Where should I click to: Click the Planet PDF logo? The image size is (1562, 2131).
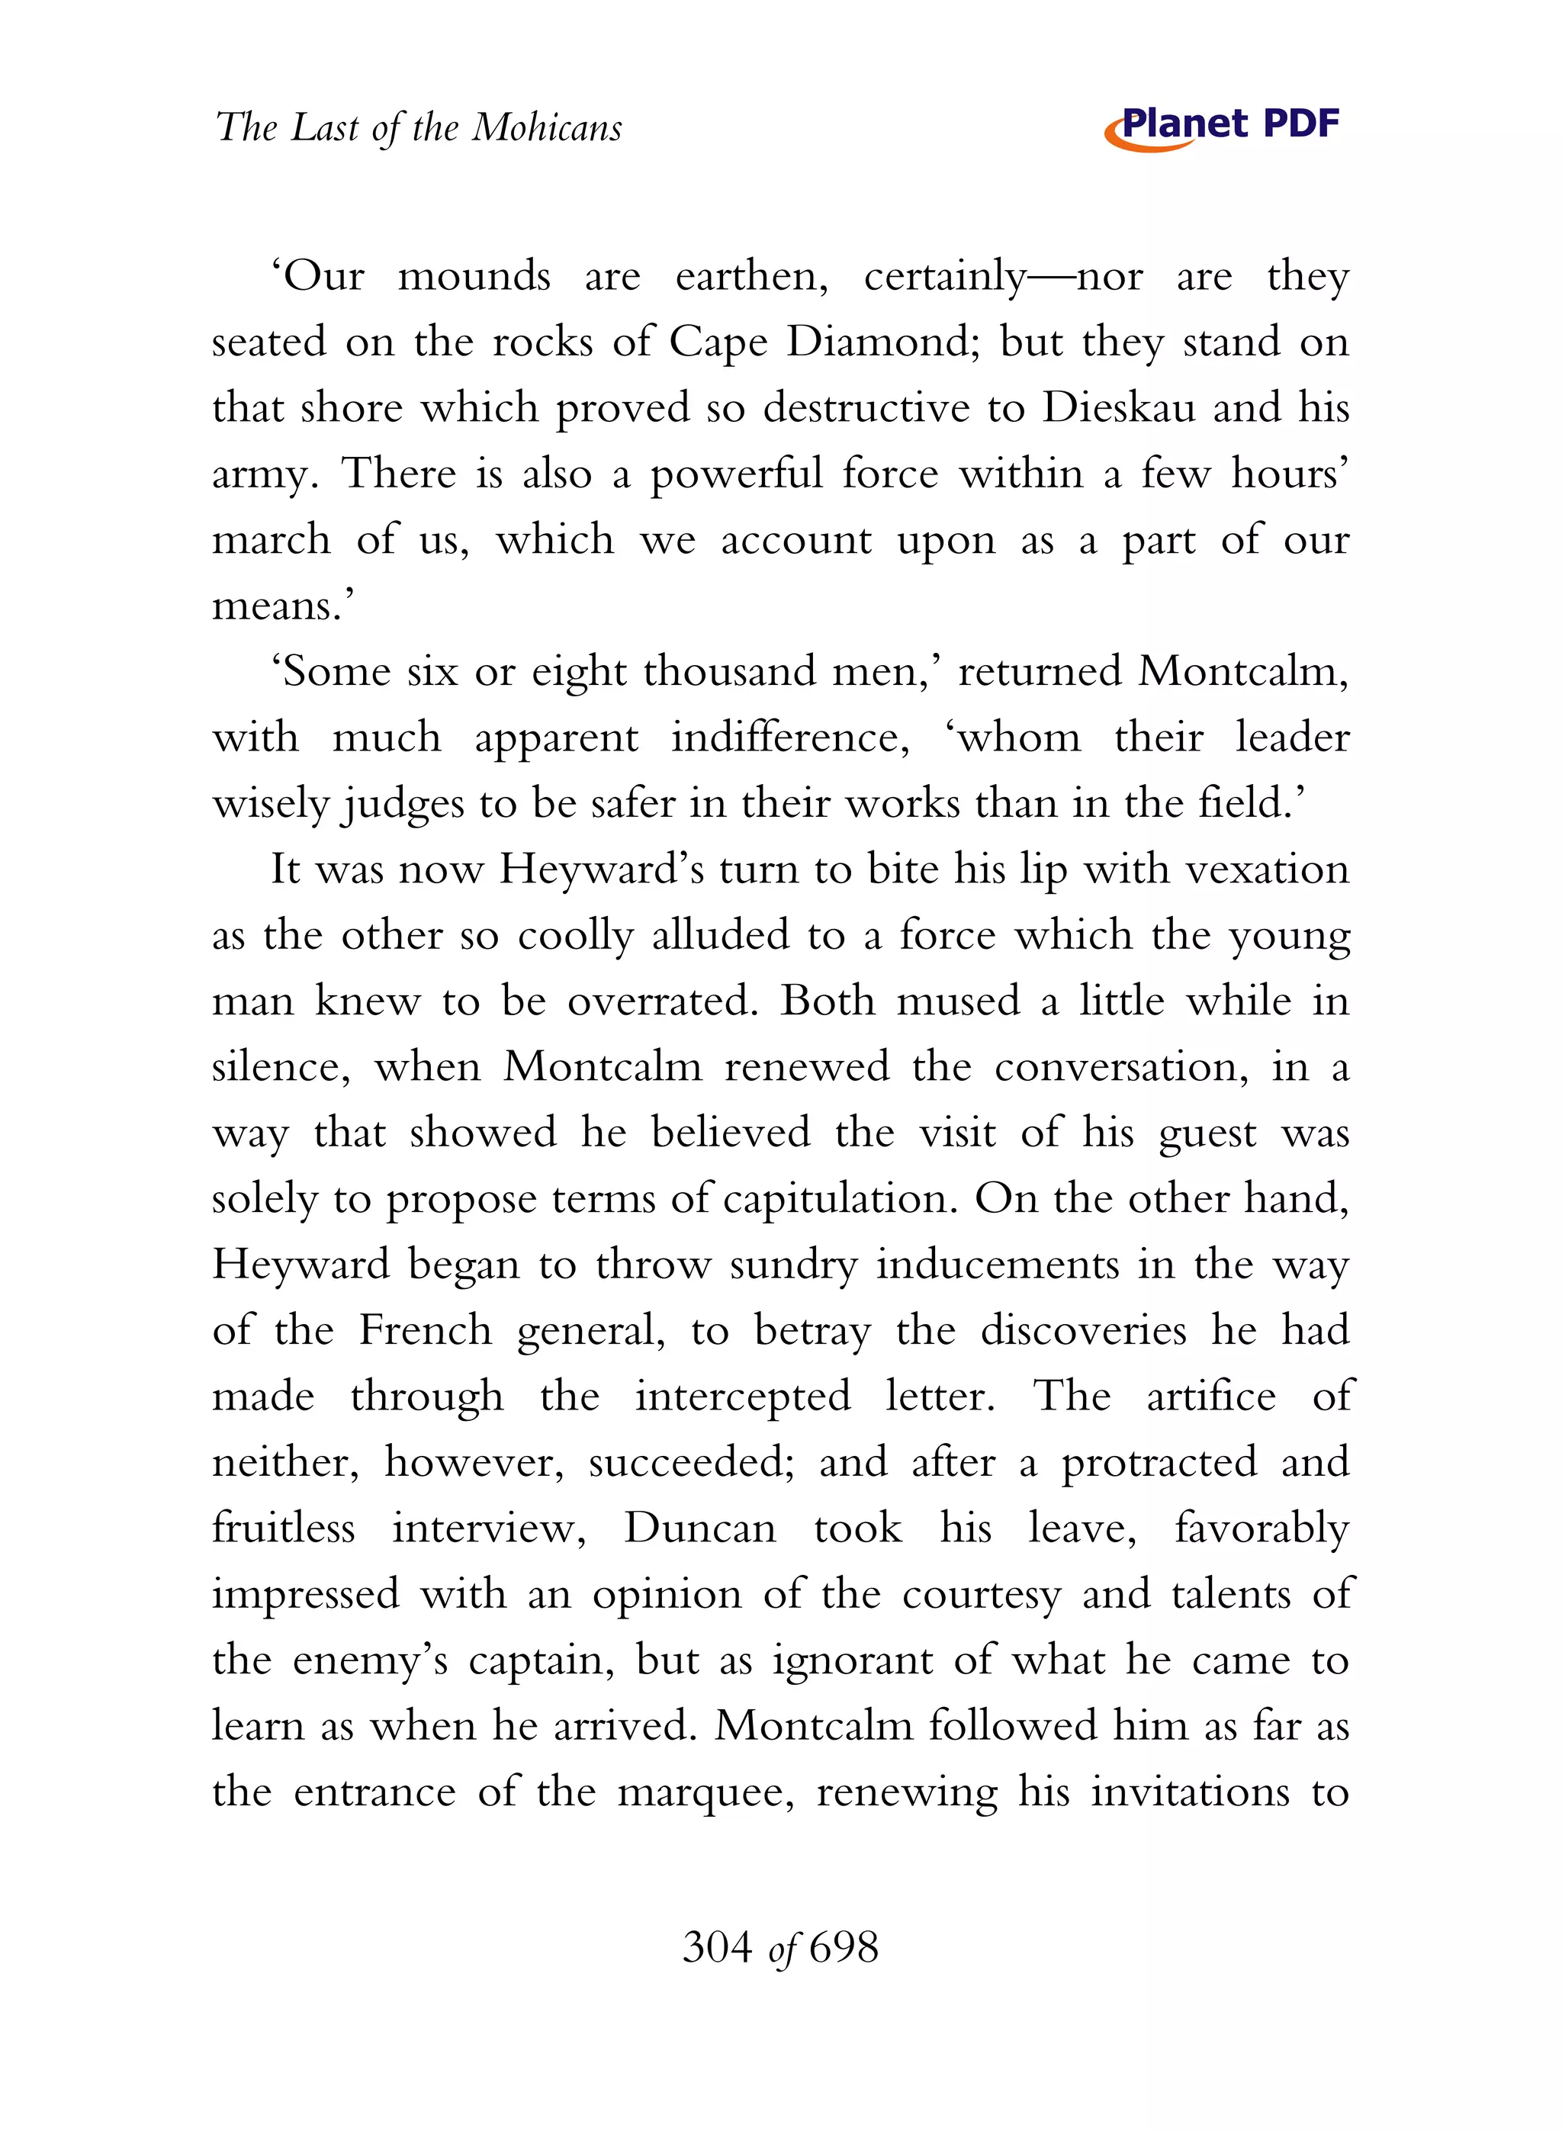1222,127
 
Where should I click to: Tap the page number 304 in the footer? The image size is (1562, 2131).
717,1948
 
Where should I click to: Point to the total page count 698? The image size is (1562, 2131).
844,1948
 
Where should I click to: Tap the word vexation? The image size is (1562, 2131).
1267,869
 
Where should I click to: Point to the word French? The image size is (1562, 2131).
426,1331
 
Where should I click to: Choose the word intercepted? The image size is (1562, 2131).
742,1397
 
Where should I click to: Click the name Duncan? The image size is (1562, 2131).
699,1528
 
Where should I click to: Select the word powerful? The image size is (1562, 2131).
735,474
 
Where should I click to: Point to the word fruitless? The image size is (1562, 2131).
283,1528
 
